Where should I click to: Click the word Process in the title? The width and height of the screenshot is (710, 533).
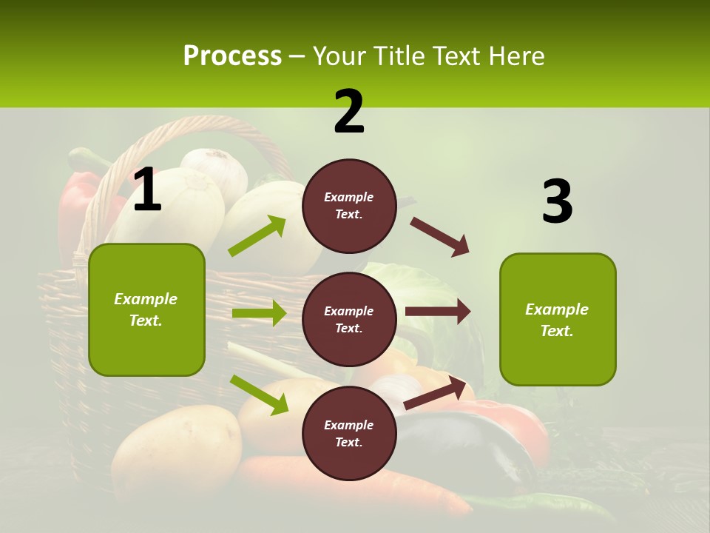[x=232, y=56]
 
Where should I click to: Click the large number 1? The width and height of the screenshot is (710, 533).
[x=147, y=190]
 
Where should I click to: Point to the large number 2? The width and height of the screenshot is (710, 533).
[x=349, y=112]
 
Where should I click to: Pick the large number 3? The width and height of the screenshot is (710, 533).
[x=557, y=202]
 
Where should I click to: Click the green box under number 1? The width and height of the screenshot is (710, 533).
[x=146, y=309]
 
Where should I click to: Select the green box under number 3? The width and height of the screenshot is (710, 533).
[x=558, y=320]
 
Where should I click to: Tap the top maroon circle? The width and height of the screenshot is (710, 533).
[x=349, y=206]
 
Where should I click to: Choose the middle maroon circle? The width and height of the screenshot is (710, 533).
[x=349, y=319]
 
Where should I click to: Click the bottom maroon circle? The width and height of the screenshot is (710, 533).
[x=349, y=433]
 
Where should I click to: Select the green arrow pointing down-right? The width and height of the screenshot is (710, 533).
[x=259, y=395]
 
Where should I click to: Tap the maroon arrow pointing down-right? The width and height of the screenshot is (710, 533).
[x=440, y=237]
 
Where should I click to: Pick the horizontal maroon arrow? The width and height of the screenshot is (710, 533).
[x=437, y=312]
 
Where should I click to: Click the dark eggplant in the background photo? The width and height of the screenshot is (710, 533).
[x=473, y=444]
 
